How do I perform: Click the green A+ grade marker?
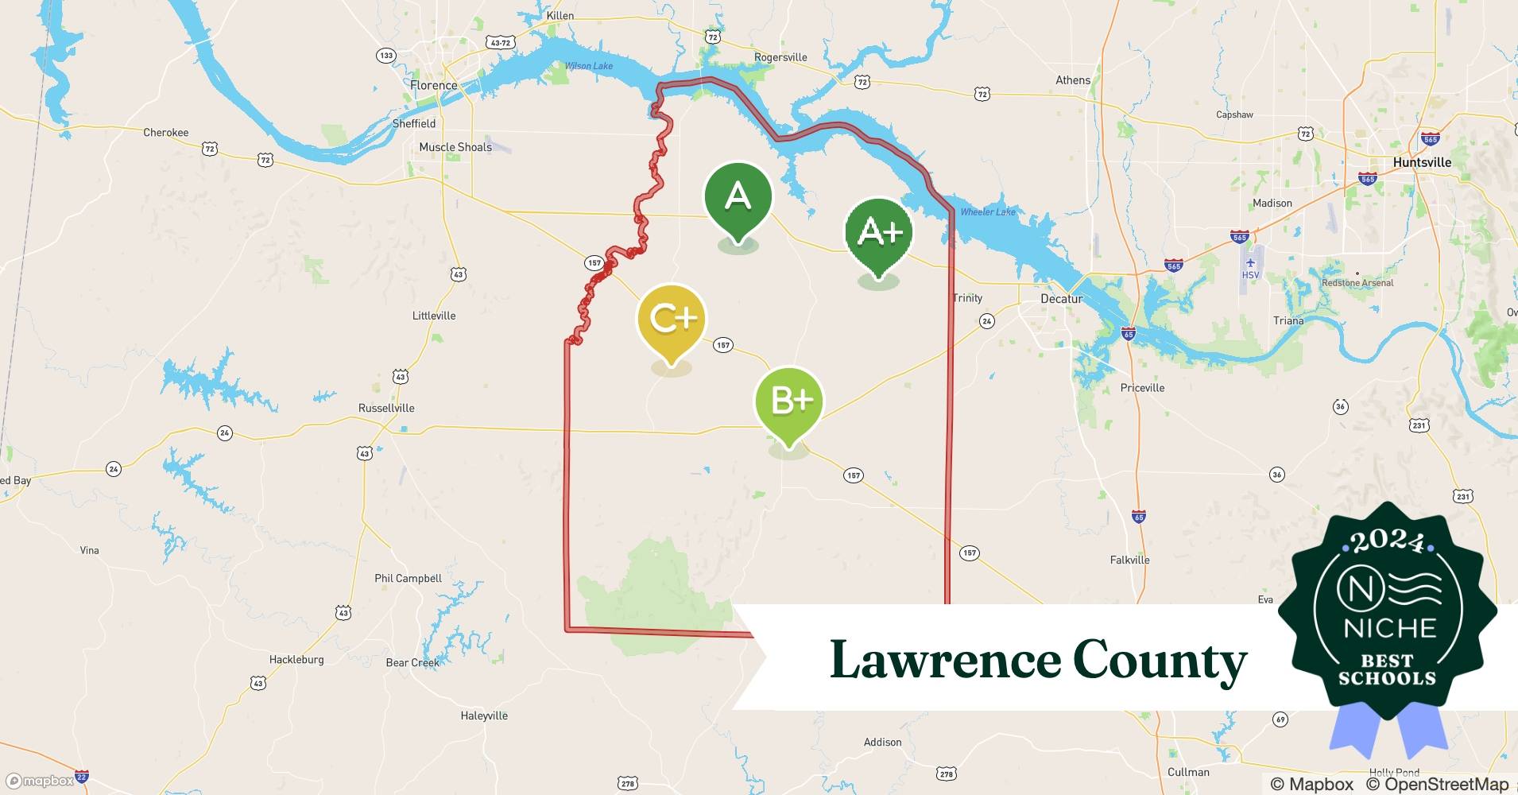tap(878, 232)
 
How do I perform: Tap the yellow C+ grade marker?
tap(672, 319)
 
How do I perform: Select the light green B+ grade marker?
tap(789, 401)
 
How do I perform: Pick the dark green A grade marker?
tap(738, 196)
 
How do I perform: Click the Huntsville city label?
tap(1422, 162)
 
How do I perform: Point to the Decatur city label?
tap(1061, 299)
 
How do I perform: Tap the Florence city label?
tap(433, 85)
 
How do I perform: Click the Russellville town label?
tap(386, 408)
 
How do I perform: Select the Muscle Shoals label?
tap(455, 147)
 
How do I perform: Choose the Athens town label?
tap(1073, 80)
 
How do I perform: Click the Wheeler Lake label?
tap(988, 211)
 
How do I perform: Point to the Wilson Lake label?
tap(589, 66)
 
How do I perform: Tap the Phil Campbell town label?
tap(408, 578)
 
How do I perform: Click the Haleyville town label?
tap(484, 715)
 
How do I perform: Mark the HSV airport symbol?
tap(1250, 263)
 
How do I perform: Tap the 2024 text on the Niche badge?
tap(1388, 541)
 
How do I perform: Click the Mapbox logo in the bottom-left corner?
tap(41, 781)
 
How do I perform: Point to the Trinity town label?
tap(967, 298)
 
